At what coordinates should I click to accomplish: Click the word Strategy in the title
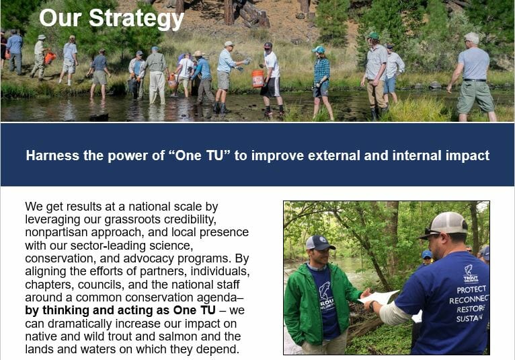(x=136, y=18)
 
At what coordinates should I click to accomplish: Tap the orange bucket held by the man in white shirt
(x=257, y=79)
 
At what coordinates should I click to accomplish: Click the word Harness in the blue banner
(x=52, y=155)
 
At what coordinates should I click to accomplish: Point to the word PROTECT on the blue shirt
(x=471, y=289)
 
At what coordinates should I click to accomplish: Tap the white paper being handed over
(x=379, y=297)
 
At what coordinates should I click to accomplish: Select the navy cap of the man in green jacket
(x=319, y=243)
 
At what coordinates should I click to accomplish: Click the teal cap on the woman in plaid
(x=318, y=50)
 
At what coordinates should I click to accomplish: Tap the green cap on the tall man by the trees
(x=373, y=36)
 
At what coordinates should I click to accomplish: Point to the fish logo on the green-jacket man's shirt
(x=325, y=290)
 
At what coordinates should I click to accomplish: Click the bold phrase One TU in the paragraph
(x=194, y=310)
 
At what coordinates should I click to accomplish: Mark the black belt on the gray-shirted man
(x=475, y=80)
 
